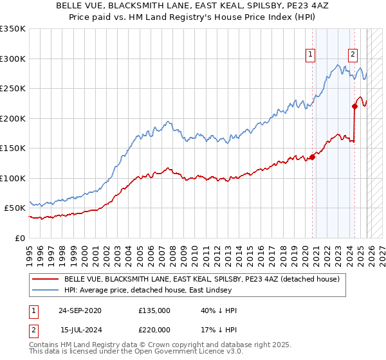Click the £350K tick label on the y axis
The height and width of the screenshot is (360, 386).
point(13,29)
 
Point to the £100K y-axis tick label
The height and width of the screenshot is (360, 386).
point(13,178)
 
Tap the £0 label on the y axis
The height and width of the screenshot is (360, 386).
point(19,238)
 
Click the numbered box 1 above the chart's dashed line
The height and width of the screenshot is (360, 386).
point(311,55)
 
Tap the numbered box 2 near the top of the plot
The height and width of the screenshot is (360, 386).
point(353,55)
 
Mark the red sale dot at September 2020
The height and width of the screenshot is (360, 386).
point(313,156)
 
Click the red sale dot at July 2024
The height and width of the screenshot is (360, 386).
point(354,106)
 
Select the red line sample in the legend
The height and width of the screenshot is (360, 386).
point(46,280)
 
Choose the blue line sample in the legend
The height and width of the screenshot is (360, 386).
point(46,291)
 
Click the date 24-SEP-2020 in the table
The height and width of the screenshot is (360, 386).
point(80,310)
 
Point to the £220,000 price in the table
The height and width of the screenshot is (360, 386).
point(154,329)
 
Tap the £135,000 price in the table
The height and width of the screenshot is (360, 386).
point(154,310)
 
